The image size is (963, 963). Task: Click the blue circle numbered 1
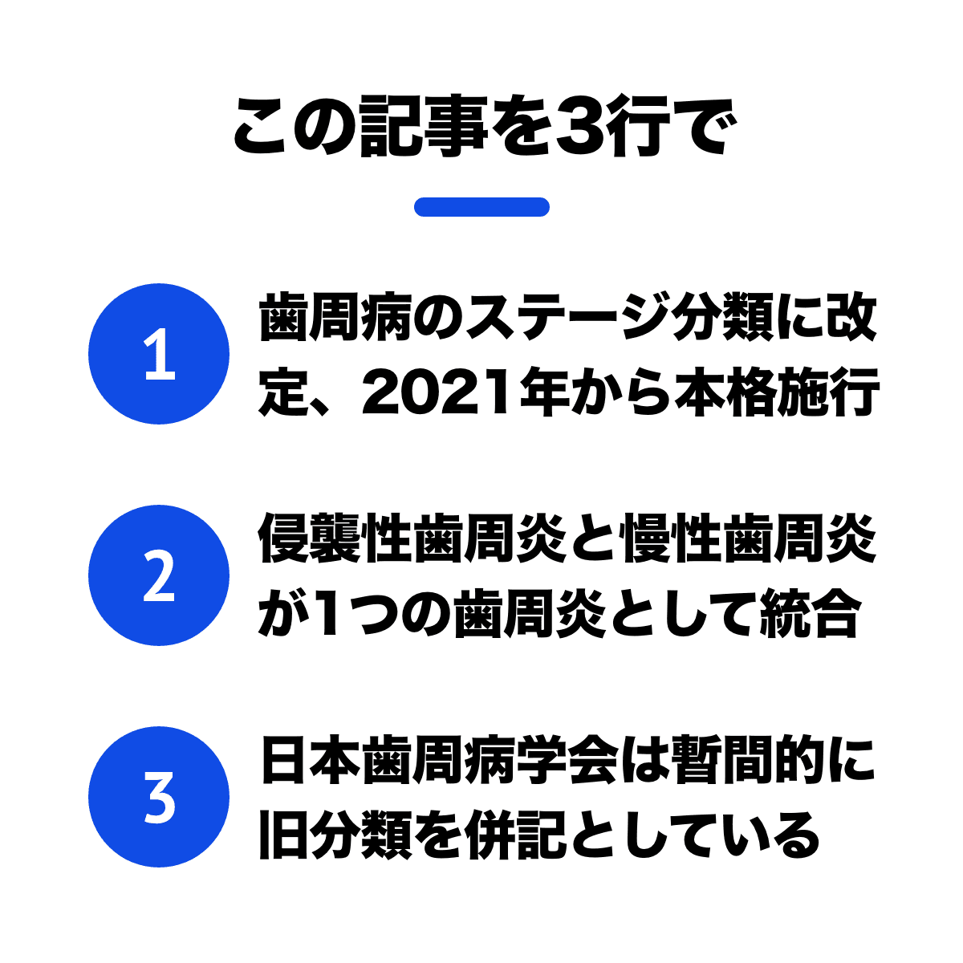159,354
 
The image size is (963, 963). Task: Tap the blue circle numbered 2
159,575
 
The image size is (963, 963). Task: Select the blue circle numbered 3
159,797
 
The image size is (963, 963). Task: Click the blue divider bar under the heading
481,207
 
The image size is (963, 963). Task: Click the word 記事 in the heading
423,126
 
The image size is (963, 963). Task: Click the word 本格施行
776,393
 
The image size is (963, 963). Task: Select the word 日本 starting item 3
311,760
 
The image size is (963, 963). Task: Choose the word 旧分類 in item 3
335,835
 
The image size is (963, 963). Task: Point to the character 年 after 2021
545,393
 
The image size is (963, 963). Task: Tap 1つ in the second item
356,613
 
